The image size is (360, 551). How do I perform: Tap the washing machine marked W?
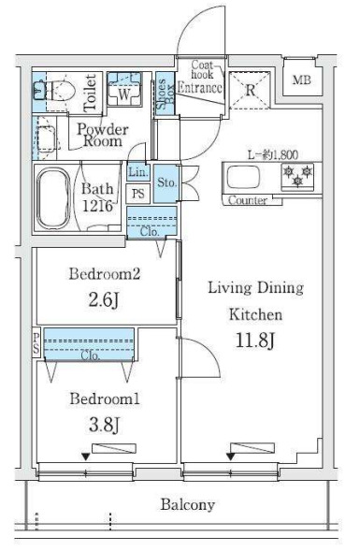click(x=123, y=89)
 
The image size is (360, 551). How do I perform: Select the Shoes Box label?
click(x=165, y=94)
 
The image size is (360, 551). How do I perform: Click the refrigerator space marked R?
click(x=250, y=91)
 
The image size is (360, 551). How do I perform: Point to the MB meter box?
click(x=302, y=80)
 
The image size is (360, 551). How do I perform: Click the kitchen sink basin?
click(x=243, y=177)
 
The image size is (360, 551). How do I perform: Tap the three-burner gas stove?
click(x=298, y=177)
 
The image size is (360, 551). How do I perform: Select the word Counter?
click(x=248, y=200)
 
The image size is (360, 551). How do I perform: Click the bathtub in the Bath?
click(x=53, y=198)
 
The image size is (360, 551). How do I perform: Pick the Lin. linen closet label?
click(x=138, y=172)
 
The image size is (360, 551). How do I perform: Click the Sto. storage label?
click(x=166, y=182)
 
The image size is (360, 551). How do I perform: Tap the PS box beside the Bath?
click(x=138, y=194)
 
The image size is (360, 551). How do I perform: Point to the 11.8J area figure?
click(x=254, y=341)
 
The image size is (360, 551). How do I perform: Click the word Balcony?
click(x=188, y=505)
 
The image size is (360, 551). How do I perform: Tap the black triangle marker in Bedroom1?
click(x=85, y=457)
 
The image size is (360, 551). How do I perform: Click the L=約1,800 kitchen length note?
click(x=273, y=154)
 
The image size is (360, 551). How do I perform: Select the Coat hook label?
click(x=203, y=69)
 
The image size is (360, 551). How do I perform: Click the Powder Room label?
click(x=102, y=136)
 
